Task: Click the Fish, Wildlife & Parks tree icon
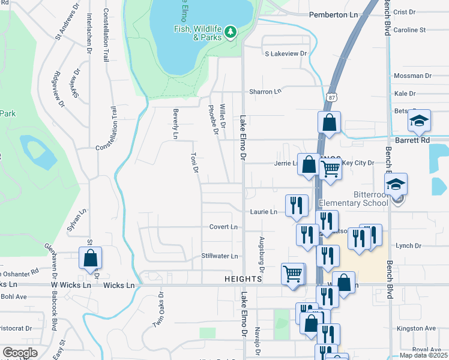point(230,31)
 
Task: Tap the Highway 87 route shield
point(333,97)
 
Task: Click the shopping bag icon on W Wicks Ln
point(90,259)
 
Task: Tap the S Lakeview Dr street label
point(286,53)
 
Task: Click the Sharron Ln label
point(265,92)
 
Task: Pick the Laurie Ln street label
point(264,212)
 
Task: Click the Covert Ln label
point(224,227)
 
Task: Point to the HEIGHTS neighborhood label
point(243,280)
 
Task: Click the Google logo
point(20,352)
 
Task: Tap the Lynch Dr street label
point(409,246)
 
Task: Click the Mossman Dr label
point(412,76)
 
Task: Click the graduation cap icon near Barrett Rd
point(420,121)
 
